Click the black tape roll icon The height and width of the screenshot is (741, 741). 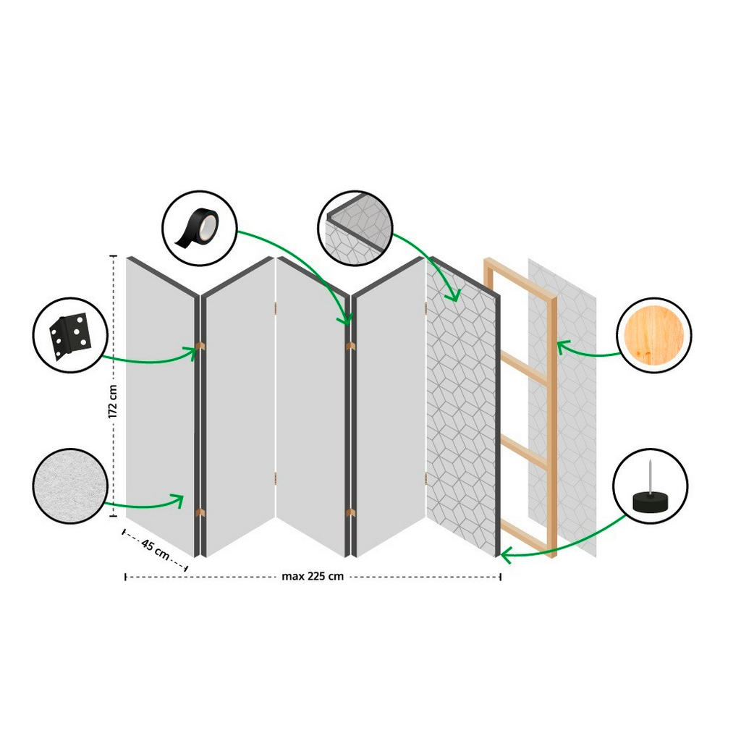tap(198, 228)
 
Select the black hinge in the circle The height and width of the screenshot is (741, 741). tap(70, 335)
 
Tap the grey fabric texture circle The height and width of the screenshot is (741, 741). tap(70, 486)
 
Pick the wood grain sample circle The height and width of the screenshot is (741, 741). tap(653, 335)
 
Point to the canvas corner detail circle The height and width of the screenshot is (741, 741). tap(355, 228)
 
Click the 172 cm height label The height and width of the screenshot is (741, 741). tap(112, 402)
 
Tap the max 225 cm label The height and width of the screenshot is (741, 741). tap(313, 577)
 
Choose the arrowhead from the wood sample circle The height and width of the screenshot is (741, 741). tap(561, 347)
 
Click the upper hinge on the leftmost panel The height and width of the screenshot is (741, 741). tap(200, 346)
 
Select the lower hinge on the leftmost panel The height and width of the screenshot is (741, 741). tap(200, 513)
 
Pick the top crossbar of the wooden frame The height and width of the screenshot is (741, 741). tap(520, 279)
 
